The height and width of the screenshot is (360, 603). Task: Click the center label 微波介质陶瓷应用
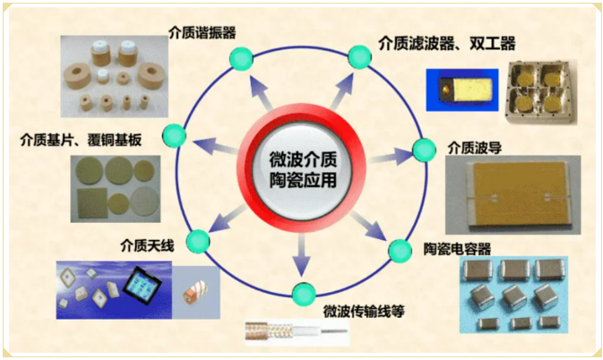(303, 169)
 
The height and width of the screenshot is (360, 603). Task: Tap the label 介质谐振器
(202, 32)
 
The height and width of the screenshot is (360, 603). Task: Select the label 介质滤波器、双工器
(447, 44)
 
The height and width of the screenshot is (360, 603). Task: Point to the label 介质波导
(475, 148)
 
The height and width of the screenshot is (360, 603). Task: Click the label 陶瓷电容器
(457, 249)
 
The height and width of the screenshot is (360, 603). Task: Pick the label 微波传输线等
(364, 311)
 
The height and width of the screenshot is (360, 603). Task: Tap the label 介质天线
(147, 245)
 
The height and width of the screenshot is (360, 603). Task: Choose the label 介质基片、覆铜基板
(81, 140)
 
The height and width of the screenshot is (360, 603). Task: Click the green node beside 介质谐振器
(241, 58)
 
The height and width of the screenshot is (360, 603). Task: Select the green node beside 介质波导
(424, 150)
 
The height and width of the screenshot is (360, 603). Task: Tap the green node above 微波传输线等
(304, 294)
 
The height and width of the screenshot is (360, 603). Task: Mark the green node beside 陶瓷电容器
(400, 251)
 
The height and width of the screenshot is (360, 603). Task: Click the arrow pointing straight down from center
(301, 254)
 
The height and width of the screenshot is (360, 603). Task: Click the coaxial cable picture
(297, 331)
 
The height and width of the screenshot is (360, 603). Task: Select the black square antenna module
(142, 286)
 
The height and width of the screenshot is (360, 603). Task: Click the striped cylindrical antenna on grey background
(194, 293)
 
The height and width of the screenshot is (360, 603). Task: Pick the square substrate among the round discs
(92, 203)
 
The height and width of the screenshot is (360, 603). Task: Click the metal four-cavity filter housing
(541, 92)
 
